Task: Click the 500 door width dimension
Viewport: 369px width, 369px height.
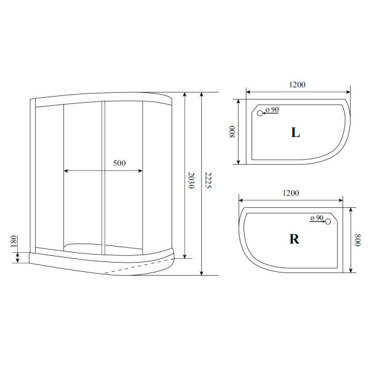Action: [x=119, y=163]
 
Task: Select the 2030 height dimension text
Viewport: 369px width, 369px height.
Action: [x=192, y=180]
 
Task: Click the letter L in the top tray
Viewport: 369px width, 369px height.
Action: [x=295, y=132]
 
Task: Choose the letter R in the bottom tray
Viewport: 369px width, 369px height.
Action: [x=295, y=239]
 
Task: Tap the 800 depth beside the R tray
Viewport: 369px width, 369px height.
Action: [x=359, y=239]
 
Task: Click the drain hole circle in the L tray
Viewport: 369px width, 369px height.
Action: [x=260, y=113]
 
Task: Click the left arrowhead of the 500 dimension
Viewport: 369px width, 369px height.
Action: [x=66, y=170]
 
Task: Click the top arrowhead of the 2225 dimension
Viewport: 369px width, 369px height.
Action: [x=201, y=96]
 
